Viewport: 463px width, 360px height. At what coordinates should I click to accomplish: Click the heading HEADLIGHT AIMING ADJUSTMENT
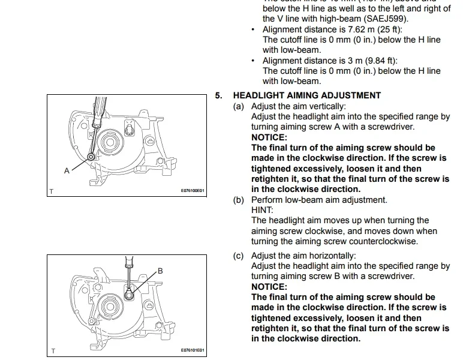(306, 95)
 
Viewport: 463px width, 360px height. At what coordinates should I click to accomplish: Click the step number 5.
(219, 95)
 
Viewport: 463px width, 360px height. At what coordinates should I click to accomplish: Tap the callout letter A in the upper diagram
(67, 170)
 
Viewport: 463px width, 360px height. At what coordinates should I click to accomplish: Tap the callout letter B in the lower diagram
(160, 271)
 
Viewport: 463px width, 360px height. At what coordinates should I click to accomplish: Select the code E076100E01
(193, 191)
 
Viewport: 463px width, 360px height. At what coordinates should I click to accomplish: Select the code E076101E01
(193, 350)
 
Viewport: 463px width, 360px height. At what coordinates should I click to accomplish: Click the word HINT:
(262, 210)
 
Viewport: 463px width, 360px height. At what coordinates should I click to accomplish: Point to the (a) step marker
(239, 106)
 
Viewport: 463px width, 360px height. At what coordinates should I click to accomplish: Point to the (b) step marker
(239, 200)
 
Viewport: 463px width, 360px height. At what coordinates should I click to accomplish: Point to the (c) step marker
(239, 256)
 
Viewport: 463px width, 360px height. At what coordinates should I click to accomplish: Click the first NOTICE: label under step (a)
(269, 137)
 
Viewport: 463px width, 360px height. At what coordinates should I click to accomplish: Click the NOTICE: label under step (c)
(269, 287)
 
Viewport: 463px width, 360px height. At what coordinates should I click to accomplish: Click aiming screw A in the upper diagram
(90, 157)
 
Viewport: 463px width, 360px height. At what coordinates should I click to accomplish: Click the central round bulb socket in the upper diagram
(111, 142)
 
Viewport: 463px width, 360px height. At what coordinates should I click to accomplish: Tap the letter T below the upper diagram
(52, 191)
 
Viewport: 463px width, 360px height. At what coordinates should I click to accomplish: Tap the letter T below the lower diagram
(52, 351)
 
